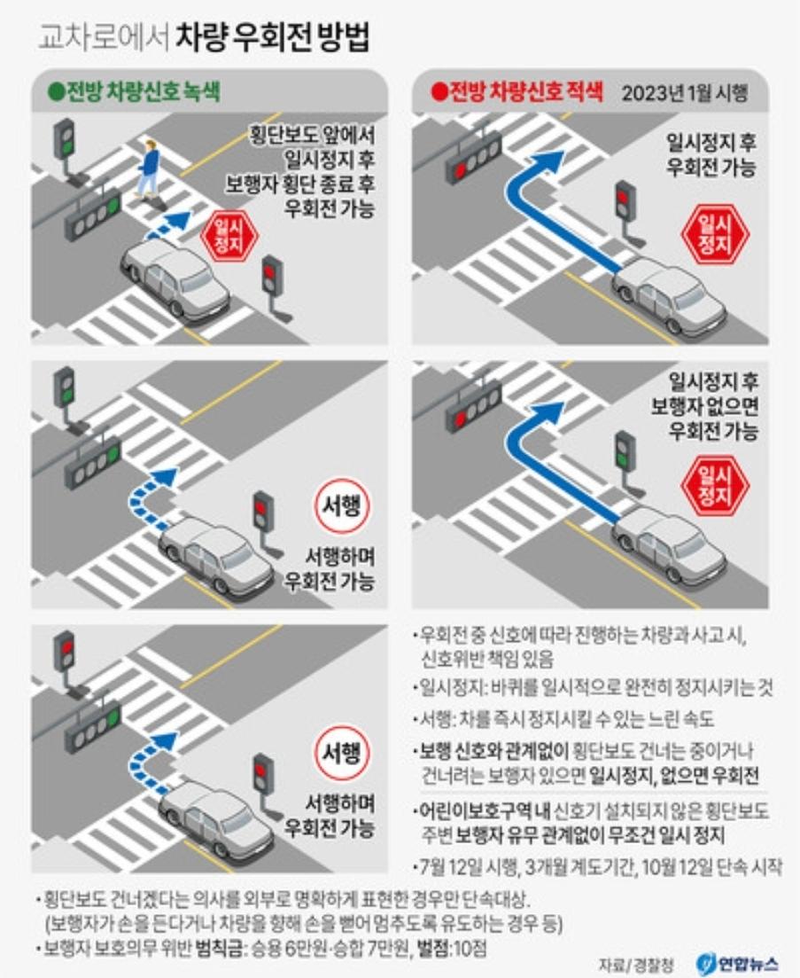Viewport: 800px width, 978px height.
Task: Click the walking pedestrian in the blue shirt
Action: point(148,168)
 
